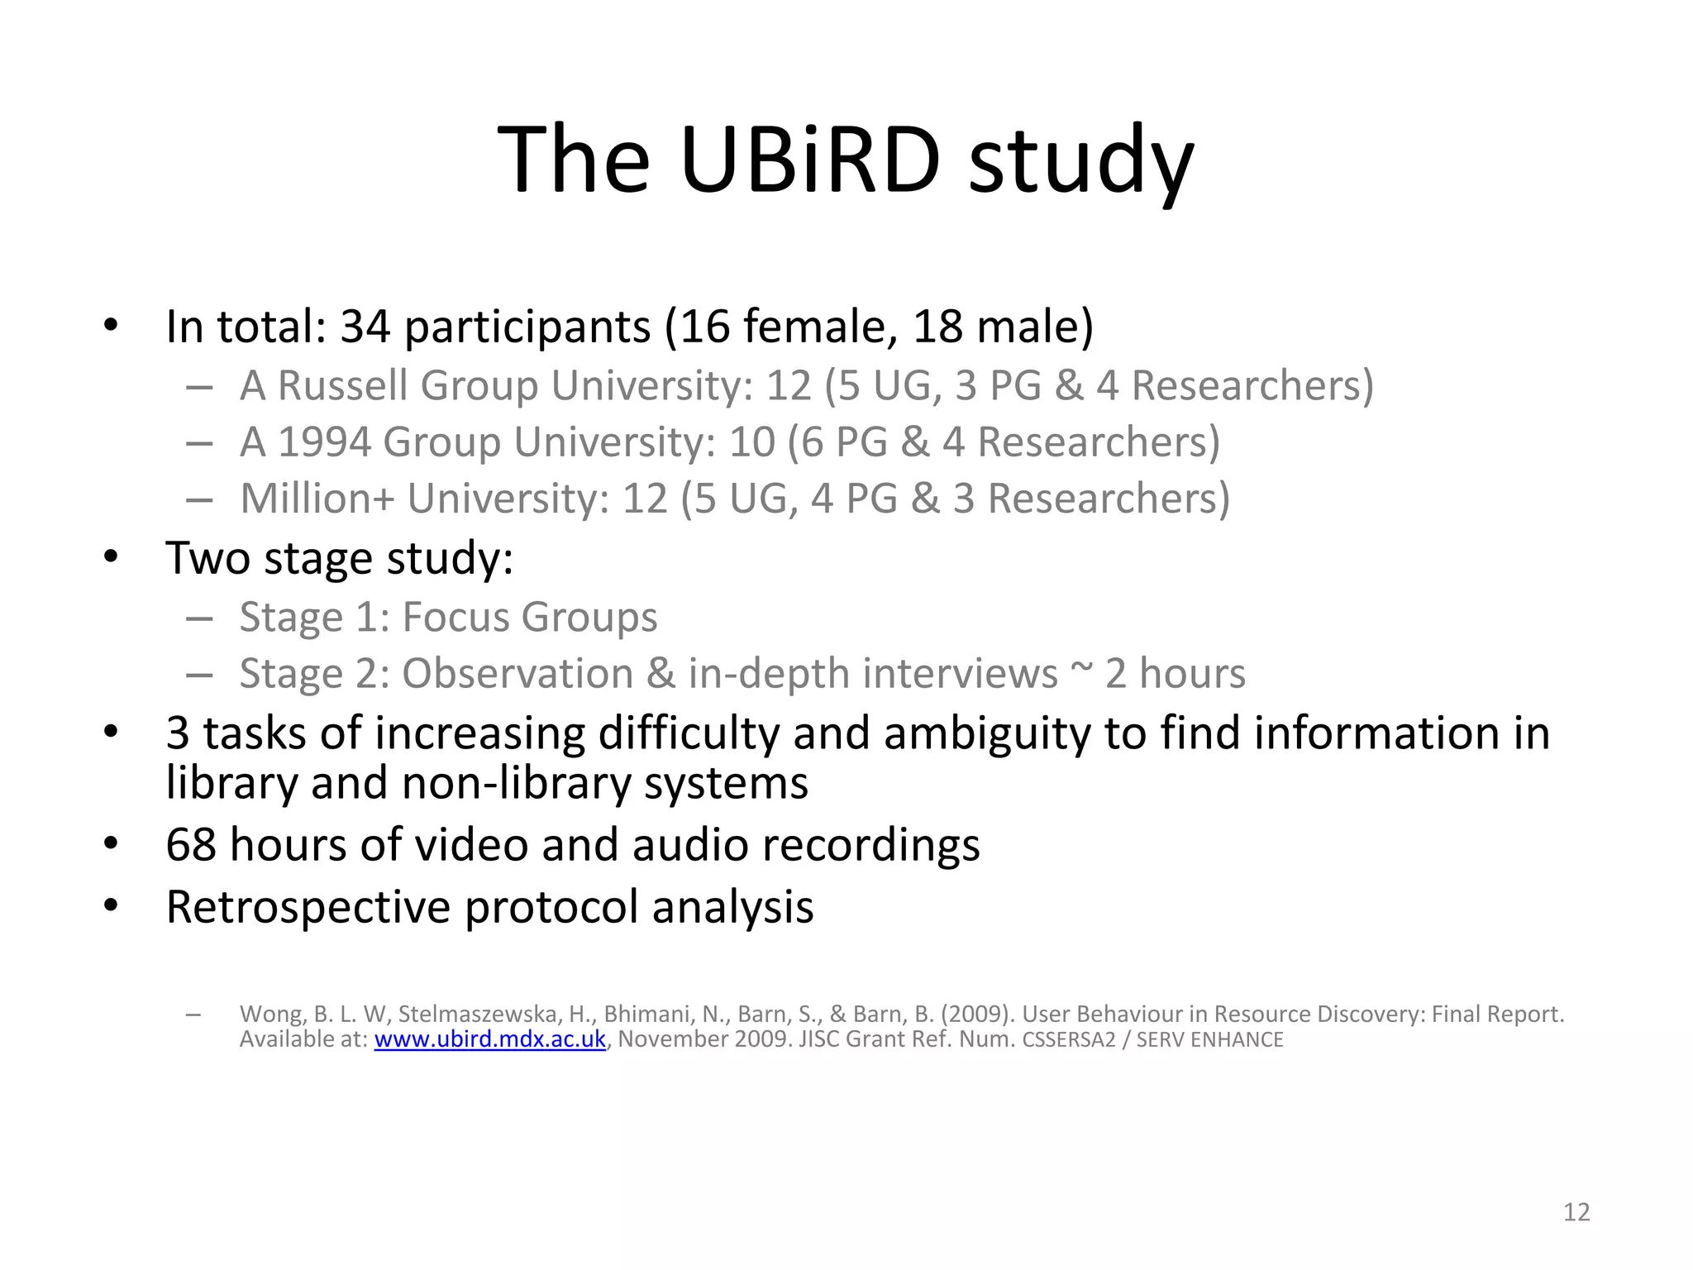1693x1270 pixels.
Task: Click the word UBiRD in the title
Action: coord(810,159)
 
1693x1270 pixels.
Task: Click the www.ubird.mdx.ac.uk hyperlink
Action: coord(489,1039)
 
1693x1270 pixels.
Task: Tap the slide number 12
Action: coord(1576,1212)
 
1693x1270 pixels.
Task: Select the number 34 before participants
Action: coord(365,327)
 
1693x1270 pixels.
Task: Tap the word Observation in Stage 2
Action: coord(517,674)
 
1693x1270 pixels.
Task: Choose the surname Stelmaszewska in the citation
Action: coord(478,1015)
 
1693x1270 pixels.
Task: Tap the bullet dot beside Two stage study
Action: coord(112,557)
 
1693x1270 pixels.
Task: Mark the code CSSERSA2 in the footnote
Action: coord(1068,1040)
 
